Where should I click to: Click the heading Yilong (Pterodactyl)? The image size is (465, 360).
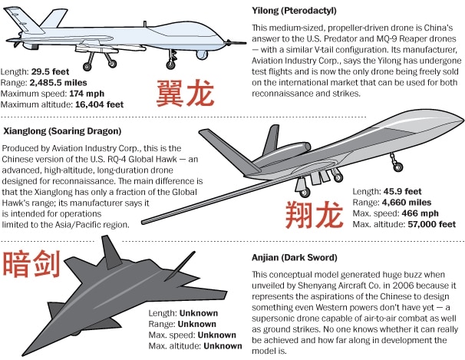[294, 11]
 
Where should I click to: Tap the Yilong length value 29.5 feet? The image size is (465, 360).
[50, 71]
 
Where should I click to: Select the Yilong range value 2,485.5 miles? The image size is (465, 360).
[58, 83]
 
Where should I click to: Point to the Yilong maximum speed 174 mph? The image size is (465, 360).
[87, 94]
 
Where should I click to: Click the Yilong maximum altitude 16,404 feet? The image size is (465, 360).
[99, 104]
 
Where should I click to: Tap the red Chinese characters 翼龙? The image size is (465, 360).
[185, 94]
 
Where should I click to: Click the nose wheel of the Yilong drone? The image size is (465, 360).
[170, 65]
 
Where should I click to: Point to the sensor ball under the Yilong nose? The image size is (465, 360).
[202, 54]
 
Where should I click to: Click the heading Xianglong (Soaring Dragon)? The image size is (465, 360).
[62, 131]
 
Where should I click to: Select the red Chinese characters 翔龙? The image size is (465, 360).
[314, 215]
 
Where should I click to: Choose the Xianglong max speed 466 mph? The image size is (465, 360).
[420, 213]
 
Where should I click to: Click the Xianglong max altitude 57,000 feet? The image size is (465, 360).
[431, 224]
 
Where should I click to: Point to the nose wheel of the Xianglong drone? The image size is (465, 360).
[397, 167]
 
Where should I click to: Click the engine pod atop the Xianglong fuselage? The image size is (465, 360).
[283, 151]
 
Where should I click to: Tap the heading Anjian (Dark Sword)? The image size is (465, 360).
[295, 257]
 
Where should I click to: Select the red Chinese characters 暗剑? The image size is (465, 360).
[31, 264]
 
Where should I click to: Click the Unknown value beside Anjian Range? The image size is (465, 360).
[197, 324]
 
